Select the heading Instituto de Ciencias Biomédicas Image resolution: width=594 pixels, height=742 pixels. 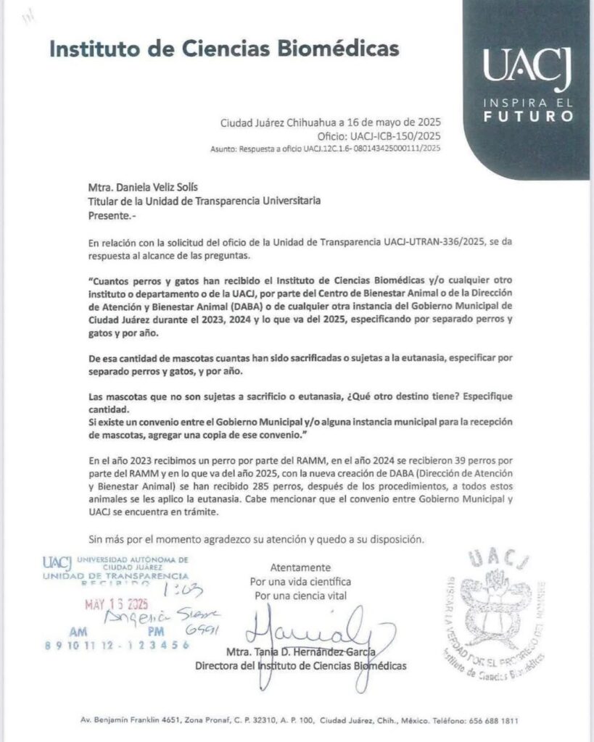224,49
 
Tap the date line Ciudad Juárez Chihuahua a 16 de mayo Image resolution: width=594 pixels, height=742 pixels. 331,122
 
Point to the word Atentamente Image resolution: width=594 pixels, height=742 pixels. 300,567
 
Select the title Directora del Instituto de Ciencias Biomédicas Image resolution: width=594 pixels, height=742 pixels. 301,665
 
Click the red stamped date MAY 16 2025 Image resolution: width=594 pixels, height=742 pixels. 115,604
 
